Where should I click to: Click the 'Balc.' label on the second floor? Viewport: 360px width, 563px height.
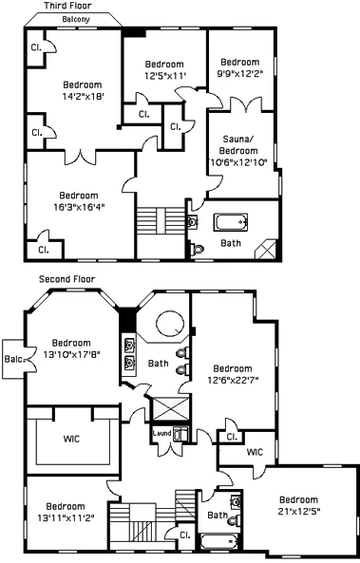pyautogui.click(x=12, y=359)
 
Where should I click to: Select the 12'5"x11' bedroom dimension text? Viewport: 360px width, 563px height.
pyautogui.click(x=164, y=76)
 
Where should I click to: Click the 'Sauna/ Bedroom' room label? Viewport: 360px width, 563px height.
pyautogui.click(x=238, y=150)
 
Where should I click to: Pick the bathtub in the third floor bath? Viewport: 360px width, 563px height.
pyautogui.click(x=231, y=223)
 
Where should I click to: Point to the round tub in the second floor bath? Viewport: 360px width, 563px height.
pyautogui.click(x=170, y=324)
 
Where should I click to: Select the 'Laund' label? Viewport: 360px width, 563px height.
pyautogui.click(x=161, y=434)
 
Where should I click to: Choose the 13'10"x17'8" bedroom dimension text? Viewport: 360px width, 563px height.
pyautogui.click(x=70, y=355)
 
